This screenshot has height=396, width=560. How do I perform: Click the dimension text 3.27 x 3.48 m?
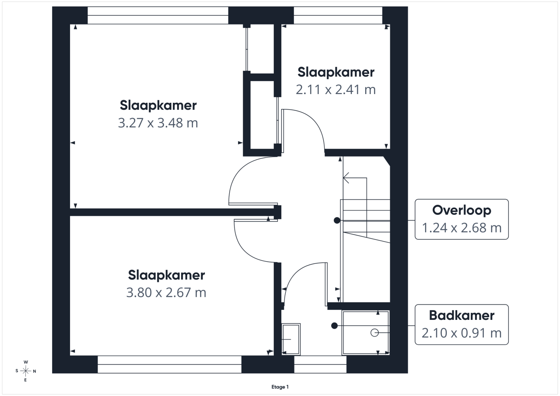[158, 123]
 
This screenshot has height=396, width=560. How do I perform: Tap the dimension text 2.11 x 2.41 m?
[336, 90]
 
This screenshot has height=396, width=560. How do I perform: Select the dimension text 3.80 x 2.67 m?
[166, 293]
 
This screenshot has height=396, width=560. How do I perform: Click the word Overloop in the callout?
[462, 210]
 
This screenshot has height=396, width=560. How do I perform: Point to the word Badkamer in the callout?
[462, 315]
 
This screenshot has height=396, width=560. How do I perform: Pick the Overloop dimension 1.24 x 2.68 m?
[462, 228]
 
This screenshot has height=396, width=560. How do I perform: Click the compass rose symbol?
[25, 371]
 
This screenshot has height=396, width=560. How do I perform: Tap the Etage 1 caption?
[280, 387]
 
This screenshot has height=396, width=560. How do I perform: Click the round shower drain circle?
[374, 333]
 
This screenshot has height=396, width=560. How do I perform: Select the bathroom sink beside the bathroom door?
[291, 339]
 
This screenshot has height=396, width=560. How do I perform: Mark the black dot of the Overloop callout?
[337, 221]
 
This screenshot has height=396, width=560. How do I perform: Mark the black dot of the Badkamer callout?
[335, 326]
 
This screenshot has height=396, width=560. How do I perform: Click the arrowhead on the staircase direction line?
[346, 178]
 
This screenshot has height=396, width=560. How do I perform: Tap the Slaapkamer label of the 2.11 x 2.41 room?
[336, 73]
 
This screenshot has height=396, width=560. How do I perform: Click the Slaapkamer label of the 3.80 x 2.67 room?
[166, 276]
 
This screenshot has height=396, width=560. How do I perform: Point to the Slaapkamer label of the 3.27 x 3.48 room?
[158, 105]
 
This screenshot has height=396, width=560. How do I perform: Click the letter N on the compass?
[35, 371]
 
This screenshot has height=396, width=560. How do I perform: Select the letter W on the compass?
[26, 362]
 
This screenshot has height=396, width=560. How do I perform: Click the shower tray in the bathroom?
[366, 333]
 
